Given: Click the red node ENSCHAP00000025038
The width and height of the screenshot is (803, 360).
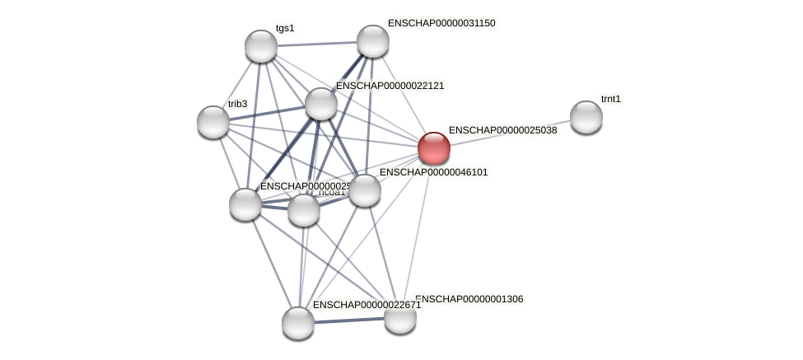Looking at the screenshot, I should tap(434, 148).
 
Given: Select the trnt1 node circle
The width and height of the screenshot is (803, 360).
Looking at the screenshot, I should tap(586, 117).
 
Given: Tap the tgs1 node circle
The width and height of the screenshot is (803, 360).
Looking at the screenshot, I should tap(261, 46).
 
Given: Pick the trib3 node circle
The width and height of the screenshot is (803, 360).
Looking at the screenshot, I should tap(213, 122).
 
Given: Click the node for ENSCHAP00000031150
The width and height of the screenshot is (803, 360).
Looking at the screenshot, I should tap(372, 41).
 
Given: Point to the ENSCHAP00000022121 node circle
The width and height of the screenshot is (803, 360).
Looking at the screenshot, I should tap(321, 104).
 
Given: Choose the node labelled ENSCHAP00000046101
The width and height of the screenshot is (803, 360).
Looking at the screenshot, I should tap(365, 190).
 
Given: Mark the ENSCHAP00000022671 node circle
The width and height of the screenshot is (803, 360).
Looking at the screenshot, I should tap(298, 322).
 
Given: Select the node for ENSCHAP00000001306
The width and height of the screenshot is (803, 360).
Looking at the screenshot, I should tap(400, 317).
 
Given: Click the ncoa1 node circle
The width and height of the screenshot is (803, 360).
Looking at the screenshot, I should tap(304, 210).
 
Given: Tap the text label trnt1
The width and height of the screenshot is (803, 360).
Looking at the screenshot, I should tap(610, 99).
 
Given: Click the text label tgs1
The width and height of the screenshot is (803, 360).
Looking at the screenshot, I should tap(285, 28).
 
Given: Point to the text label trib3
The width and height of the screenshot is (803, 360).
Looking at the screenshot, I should tap(237, 104).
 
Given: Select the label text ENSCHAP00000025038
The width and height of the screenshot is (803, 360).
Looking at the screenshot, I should tap(502, 130).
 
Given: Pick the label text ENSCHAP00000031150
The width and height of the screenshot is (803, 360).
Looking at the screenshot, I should tap(441, 23).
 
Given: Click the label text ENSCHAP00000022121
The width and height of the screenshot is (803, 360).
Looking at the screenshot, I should tap(390, 86).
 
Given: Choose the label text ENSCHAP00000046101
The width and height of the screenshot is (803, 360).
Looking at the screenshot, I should tap(433, 172).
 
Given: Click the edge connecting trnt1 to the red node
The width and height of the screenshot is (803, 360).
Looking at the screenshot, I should tap(511, 133).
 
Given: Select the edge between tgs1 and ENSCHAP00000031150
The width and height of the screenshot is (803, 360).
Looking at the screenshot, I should tap(317, 44).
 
